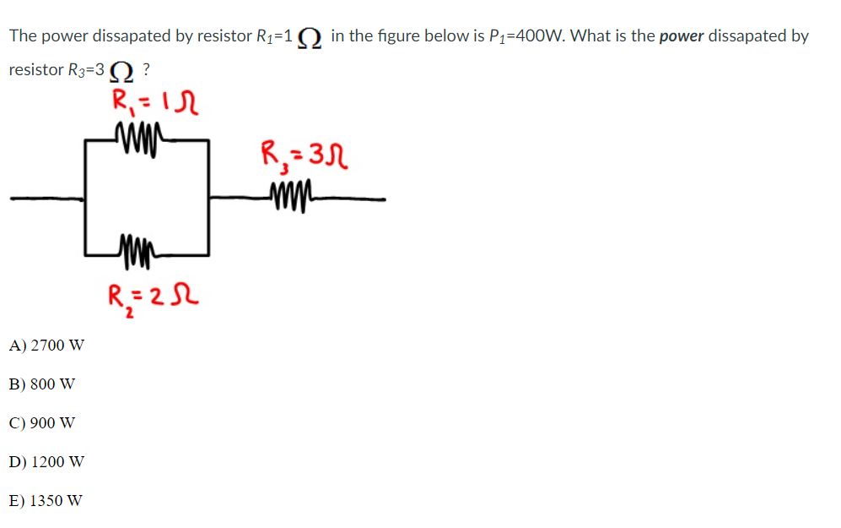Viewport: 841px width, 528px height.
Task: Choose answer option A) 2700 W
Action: pos(47,345)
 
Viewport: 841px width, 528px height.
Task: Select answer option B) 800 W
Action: pos(43,384)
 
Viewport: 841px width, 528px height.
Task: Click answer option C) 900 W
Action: pos(43,422)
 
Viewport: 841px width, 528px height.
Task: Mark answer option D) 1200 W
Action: pos(47,461)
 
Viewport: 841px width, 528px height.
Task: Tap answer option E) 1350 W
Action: pos(46,500)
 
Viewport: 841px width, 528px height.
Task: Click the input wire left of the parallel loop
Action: pos(47,199)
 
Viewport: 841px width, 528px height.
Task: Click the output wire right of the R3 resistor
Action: pos(354,199)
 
